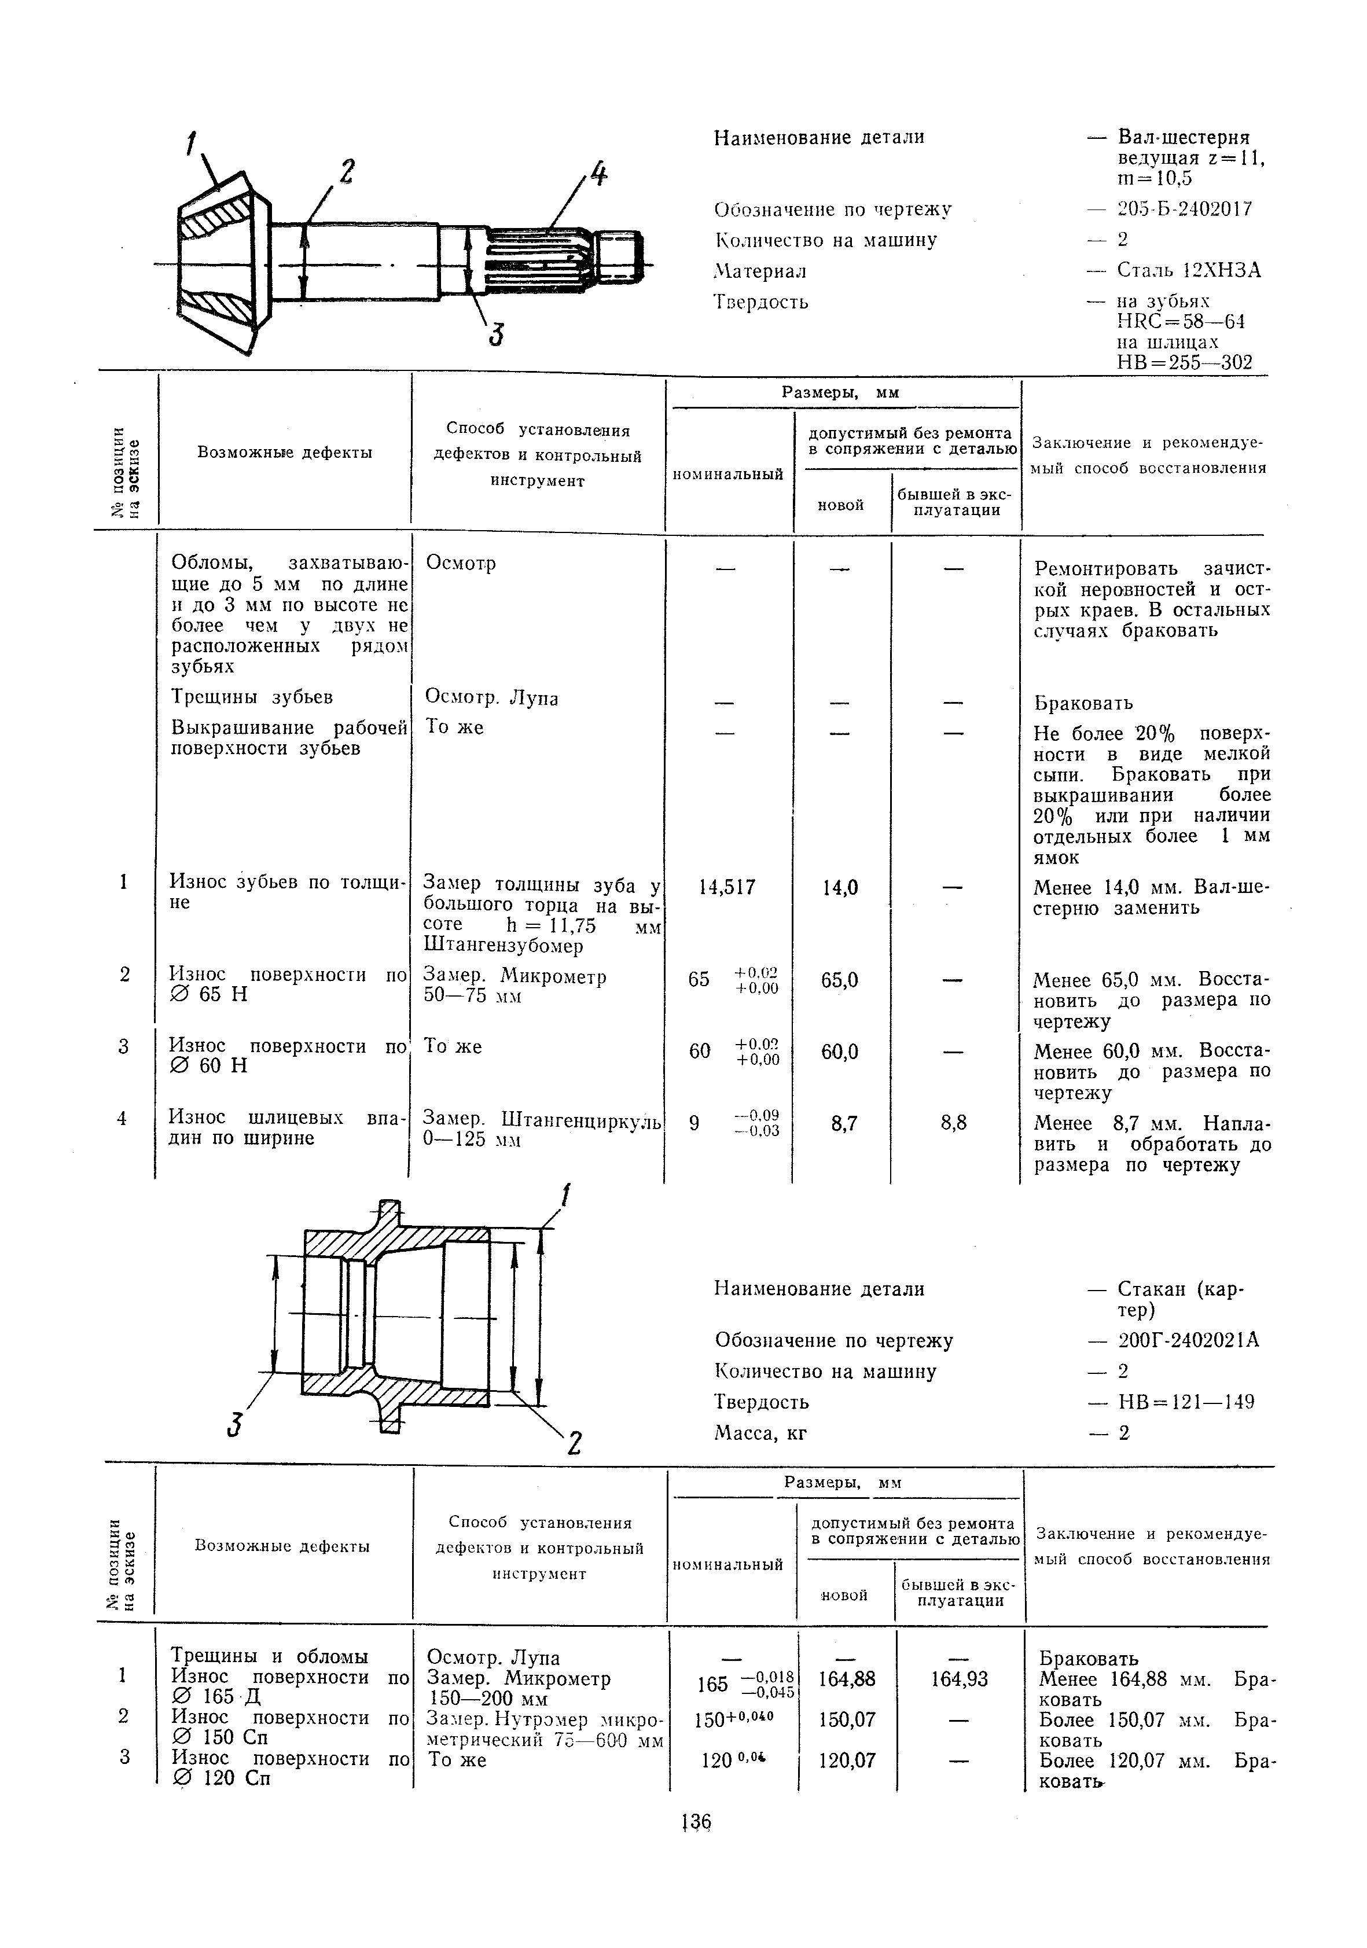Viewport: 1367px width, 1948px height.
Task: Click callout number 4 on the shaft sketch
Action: coord(598,175)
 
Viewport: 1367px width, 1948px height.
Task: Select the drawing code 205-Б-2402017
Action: coord(1185,209)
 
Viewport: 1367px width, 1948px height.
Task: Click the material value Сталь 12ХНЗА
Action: coord(1189,271)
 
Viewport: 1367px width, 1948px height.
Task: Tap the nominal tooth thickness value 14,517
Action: coord(727,887)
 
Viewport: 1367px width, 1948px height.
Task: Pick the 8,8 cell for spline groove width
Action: coord(954,1123)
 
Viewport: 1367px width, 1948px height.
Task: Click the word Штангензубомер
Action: coord(503,945)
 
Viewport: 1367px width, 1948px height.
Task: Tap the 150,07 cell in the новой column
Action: coord(847,1720)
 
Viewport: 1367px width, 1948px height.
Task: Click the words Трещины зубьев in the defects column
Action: coord(252,697)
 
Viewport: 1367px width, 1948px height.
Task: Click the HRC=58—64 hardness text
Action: coord(1180,322)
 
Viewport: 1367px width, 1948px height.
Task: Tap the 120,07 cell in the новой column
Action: coord(847,1760)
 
